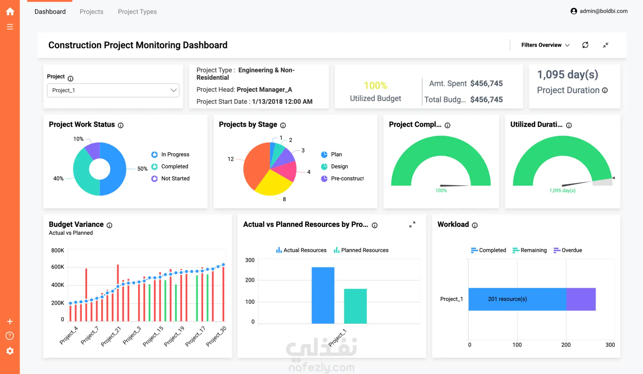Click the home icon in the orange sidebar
coord(10,12)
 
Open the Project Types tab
coord(137,12)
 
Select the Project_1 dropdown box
coord(113,90)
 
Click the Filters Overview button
coord(545,45)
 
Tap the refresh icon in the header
coord(585,45)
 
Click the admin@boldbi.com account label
coord(603,11)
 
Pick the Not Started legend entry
coord(170,179)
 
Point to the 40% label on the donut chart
coord(58,179)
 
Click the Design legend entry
coord(335,167)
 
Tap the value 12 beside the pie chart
coord(231,159)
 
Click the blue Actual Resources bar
coord(323,295)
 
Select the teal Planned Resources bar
coord(355,306)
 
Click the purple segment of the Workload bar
coord(581,299)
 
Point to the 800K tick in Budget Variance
coord(58,250)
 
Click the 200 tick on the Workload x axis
coord(566,345)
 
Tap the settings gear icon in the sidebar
coord(10,351)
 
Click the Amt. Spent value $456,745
coord(486,83)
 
